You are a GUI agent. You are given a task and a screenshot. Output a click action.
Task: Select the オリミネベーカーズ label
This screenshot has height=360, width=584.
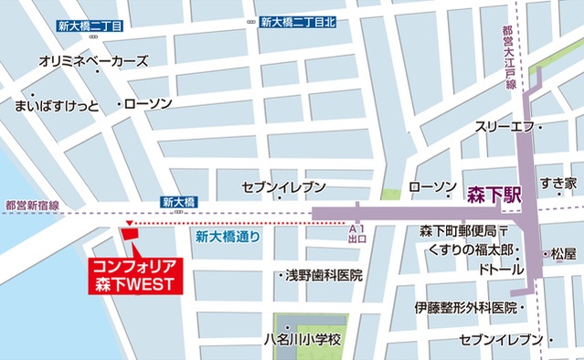95,62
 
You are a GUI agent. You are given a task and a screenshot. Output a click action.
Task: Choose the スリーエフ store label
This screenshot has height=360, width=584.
502,127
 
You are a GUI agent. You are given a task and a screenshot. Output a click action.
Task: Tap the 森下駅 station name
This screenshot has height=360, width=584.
494,194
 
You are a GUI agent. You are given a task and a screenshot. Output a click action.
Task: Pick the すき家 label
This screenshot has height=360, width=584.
557,184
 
